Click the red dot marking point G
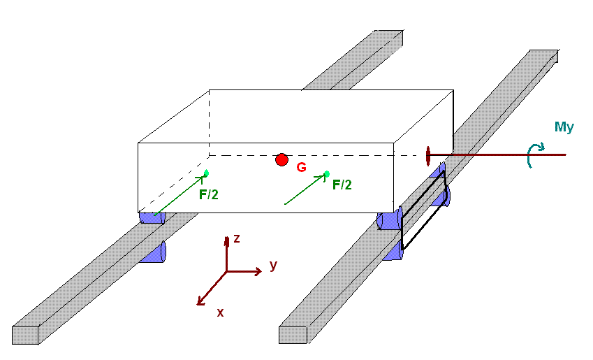click(x=281, y=160)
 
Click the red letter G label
click(x=301, y=168)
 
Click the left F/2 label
click(x=208, y=195)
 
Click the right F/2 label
click(x=342, y=185)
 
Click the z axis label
click(x=237, y=238)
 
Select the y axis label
click(x=274, y=265)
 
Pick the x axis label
click(x=220, y=312)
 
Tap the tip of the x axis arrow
click(x=200, y=303)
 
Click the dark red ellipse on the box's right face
click(x=427, y=157)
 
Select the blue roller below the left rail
click(x=153, y=252)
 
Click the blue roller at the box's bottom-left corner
click(x=151, y=217)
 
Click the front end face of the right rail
click(x=293, y=335)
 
